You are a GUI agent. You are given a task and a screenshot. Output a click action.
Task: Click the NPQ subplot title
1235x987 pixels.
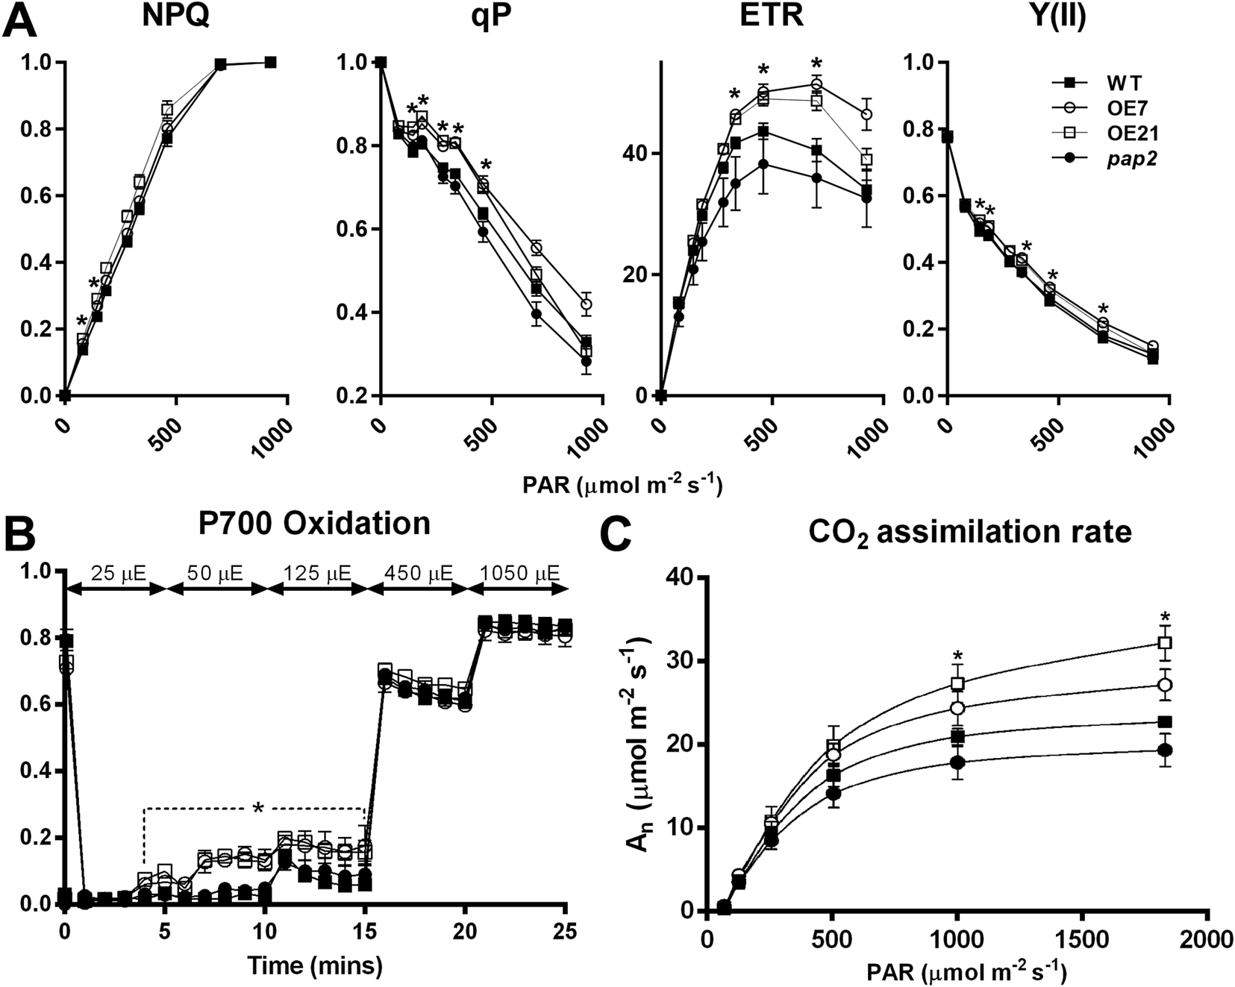pyautogui.click(x=176, y=16)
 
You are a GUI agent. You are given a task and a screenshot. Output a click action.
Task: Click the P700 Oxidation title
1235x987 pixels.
pyautogui.click(x=314, y=524)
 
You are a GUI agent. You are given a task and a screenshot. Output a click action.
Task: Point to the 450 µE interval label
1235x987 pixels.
pyautogui.click(x=419, y=574)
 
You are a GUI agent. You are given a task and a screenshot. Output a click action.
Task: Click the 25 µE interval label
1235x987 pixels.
pyautogui.click(x=119, y=574)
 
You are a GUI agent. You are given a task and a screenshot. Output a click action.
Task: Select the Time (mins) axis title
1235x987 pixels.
pyautogui.click(x=315, y=966)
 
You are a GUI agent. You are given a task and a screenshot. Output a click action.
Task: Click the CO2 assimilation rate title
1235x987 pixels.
pyautogui.click(x=970, y=532)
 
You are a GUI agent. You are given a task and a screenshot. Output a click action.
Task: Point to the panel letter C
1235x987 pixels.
pyautogui.click(x=619, y=534)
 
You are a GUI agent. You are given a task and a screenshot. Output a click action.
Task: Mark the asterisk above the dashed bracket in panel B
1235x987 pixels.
pyautogui.click(x=258, y=809)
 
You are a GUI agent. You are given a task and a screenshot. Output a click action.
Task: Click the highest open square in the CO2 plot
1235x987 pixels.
pyautogui.click(x=1165, y=642)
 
